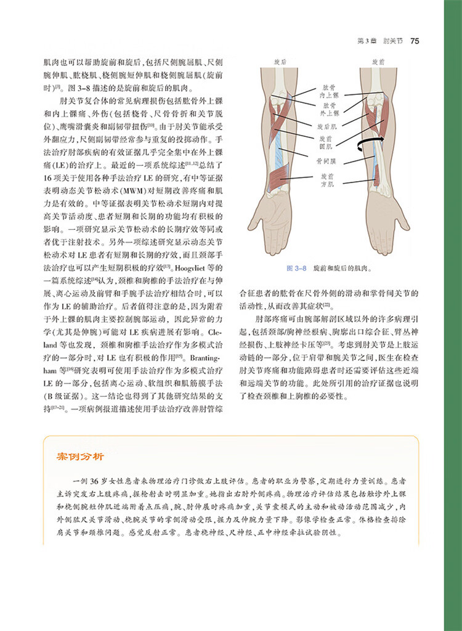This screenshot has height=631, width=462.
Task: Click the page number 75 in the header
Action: (415, 41)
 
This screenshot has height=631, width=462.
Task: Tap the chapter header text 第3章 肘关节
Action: (376, 41)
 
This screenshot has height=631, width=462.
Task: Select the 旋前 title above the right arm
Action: (378, 62)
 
